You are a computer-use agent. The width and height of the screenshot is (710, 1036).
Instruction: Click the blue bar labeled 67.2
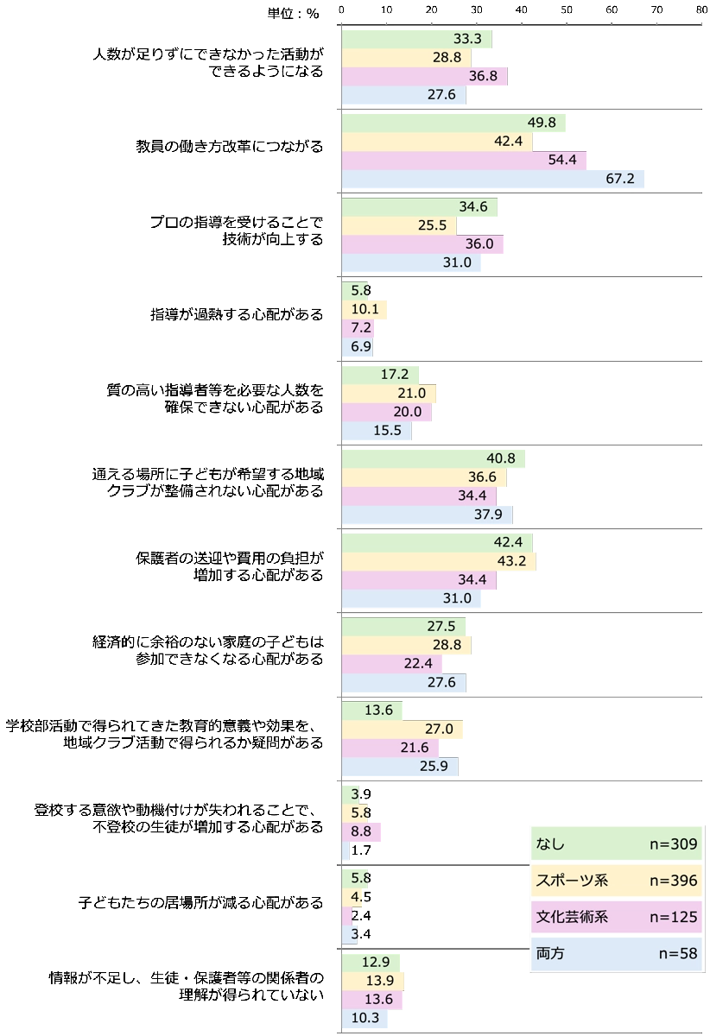point(494,179)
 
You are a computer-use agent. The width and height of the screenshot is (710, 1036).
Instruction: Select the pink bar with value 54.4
point(464,160)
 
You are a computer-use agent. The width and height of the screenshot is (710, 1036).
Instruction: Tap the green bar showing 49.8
point(453,123)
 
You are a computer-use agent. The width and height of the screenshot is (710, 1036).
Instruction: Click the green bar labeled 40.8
point(433,459)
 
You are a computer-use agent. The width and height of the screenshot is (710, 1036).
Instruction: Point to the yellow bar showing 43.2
point(439,561)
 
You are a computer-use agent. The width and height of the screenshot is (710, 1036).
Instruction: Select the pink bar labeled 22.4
point(391,663)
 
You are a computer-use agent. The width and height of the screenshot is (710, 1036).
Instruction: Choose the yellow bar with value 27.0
point(402,729)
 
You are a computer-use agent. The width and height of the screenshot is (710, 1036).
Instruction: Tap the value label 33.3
point(467,39)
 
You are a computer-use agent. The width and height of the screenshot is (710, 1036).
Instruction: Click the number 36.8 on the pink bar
point(483,76)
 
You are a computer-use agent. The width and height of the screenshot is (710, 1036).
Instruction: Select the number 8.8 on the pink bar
point(360,831)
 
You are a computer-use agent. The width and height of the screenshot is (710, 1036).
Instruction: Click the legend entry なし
point(550,843)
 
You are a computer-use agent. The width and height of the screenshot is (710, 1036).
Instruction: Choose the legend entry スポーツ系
point(572,881)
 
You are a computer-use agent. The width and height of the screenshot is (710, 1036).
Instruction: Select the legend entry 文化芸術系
point(572,917)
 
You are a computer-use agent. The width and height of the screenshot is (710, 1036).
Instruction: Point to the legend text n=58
point(678,954)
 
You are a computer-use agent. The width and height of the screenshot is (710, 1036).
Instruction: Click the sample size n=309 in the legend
point(673,843)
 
